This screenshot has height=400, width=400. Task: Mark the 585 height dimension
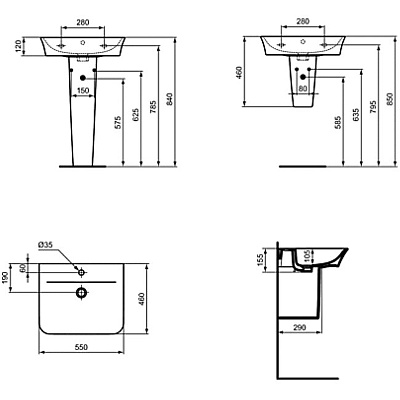click(x=345, y=127)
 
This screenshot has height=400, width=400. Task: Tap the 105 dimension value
click(x=307, y=258)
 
